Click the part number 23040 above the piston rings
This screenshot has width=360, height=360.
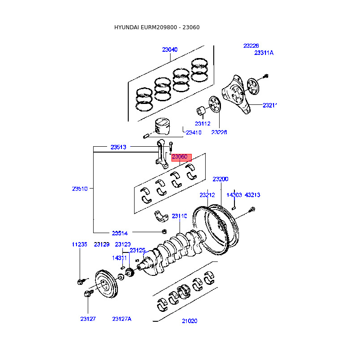(x=170, y=49)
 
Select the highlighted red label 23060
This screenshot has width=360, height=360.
(x=179, y=157)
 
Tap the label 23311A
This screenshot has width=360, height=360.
(x=264, y=53)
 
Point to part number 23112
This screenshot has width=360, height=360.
(x=202, y=123)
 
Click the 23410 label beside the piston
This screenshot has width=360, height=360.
(x=193, y=132)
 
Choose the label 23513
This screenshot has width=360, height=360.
(x=118, y=147)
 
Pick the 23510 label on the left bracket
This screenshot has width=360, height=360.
(x=80, y=189)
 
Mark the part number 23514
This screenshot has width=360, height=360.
(x=120, y=233)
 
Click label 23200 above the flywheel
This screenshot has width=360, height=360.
(x=220, y=179)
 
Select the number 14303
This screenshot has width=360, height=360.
(x=234, y=195)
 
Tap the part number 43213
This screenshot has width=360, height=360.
(x=252, y=195)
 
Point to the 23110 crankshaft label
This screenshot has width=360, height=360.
(x=179, y=216)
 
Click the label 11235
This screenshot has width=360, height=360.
(x=80, y=244)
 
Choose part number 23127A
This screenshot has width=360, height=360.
(x=122, y=319)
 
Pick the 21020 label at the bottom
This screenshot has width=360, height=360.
(x=189, y=321)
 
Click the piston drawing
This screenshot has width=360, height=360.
(x=162, y=126)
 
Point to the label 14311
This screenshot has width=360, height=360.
(x=119, y=258)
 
